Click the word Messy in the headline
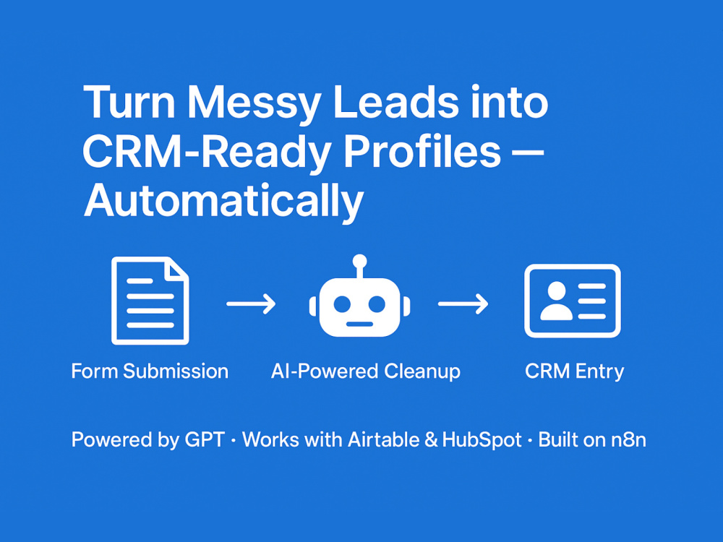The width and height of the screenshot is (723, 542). pos(254,103)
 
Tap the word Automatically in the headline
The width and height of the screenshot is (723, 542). pos(223,202)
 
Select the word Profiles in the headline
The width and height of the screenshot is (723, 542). pos(422,151)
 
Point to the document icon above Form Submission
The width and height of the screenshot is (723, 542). pos(150,301)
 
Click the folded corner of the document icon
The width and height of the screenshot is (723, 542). pos(179,269)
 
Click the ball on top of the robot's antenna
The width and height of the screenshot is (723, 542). pos(359,262)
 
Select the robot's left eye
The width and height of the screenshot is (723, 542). pos(343,304)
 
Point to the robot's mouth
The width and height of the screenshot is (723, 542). pos(359,324)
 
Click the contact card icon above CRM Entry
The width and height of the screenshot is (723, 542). pos(573,301)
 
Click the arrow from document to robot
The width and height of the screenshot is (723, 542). pos(252,304)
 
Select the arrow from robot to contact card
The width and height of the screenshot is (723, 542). pos(463,304)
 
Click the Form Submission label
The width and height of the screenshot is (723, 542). pos(150,371)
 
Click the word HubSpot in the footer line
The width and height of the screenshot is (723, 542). pos(482,439)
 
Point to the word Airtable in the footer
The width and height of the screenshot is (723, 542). pos(384,439)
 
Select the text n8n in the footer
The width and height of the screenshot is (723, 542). pos(629,440)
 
